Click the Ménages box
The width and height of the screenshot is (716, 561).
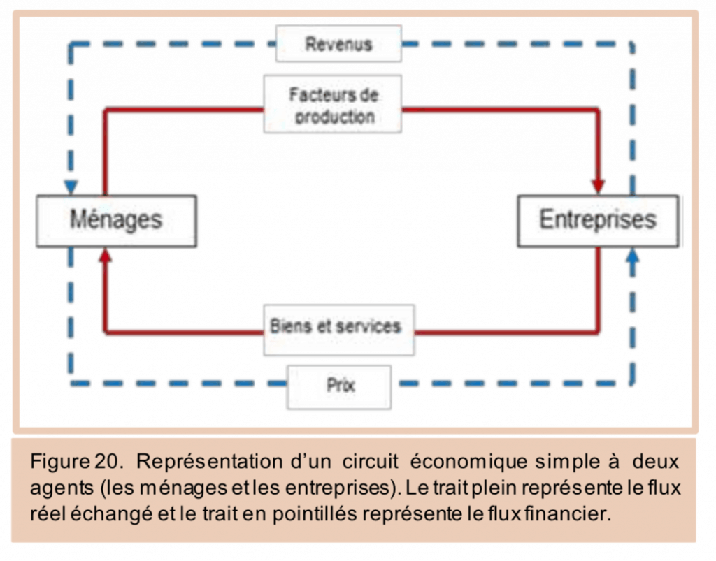116,220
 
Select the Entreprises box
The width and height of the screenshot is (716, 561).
597,220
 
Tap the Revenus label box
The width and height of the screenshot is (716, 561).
338,44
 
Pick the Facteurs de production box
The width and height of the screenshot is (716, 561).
333,104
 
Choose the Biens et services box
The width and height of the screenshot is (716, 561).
338,327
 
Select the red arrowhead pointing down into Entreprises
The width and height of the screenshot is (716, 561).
598,187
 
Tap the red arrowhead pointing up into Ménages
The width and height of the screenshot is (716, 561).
105,256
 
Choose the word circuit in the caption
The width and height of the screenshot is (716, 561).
371,462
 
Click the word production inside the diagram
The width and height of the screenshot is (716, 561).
334,116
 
